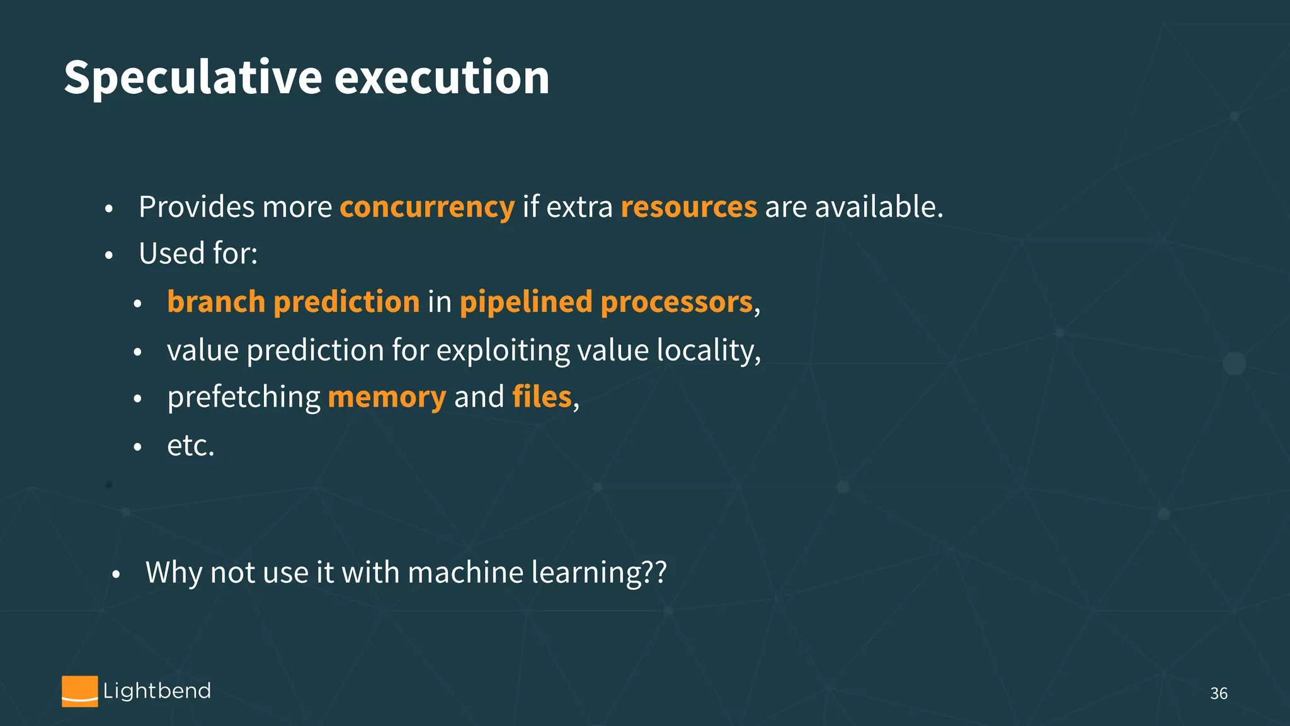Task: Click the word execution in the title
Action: (442, 78)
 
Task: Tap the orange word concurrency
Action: (427, 207)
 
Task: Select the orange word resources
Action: (688, 207)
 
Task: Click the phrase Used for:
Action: (198, 254)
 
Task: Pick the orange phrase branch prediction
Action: (293, 302)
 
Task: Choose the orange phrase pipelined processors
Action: (606, 302)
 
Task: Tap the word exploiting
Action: (502, 351)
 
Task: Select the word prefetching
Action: (244, 398)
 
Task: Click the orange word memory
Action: (387, 398)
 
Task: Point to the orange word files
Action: (542, 397)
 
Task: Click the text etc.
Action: (190, 446)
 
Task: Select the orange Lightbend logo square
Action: (80, 691)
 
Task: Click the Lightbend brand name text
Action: (157, 691)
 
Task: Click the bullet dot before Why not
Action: (115, 575)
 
